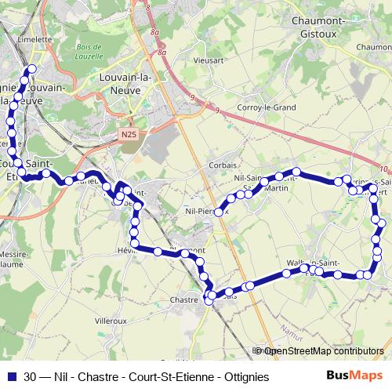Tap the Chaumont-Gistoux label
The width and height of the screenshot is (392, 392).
(318, 28)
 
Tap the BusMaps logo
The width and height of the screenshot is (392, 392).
(354, 376)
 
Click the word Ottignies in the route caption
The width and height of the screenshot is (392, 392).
(242, 376)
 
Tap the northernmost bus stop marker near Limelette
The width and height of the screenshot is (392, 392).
(32, 71)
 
